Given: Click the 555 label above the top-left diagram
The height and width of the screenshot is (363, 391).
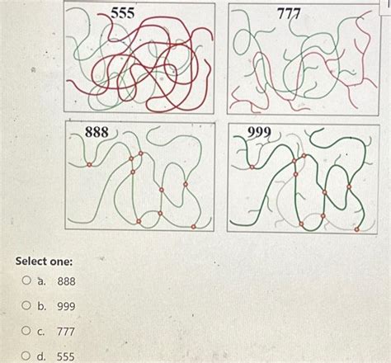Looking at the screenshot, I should [x=123, y=13].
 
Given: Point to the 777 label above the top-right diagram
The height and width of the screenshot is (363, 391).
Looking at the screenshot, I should [x=289, y=14].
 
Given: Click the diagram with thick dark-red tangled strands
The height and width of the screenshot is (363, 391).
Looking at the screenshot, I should [x=139, y=62].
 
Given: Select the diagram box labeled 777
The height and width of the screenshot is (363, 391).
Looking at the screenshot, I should [x=301, y=62].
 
